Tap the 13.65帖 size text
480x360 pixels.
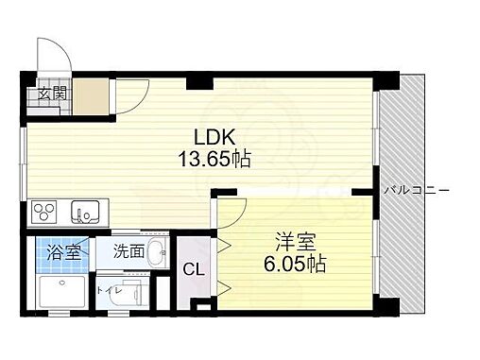pyautogui.click(x=215, y=159)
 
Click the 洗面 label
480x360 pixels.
pyautogui.click(x=129, y=251)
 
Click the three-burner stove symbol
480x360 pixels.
pyautogui.click(x=45, y=209)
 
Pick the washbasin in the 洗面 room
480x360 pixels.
pyautogui.click(x=157, y=252)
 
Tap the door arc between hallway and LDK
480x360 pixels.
pyautogui.click(x=130, y=95)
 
